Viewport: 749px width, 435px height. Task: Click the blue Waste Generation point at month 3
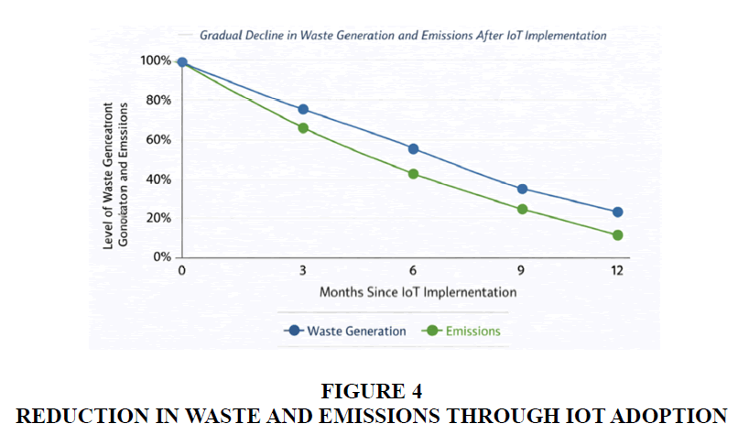click(303, 110)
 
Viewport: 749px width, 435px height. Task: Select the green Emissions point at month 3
click(303, 128)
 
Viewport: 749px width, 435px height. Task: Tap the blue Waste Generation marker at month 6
click(413, 148)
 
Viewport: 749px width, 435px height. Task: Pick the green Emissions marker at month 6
click(413, 173)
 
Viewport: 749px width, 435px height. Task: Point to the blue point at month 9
click(522, 189)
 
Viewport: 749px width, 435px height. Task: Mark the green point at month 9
click(522, 209)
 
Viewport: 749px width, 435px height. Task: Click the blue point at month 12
click(617, 212)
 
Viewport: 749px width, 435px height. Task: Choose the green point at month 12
click(617, 234)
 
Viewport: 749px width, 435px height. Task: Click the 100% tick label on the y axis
click(156, 60)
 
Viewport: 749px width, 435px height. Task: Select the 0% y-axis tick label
click(162, 257)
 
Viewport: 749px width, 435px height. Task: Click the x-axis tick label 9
click(522, 271)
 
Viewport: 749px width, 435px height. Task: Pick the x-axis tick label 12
click(617, 271)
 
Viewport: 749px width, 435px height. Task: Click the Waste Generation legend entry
click(346, 331)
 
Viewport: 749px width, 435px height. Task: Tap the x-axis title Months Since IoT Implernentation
click(418, 292)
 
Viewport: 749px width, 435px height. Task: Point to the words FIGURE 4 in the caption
click(372, 391)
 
